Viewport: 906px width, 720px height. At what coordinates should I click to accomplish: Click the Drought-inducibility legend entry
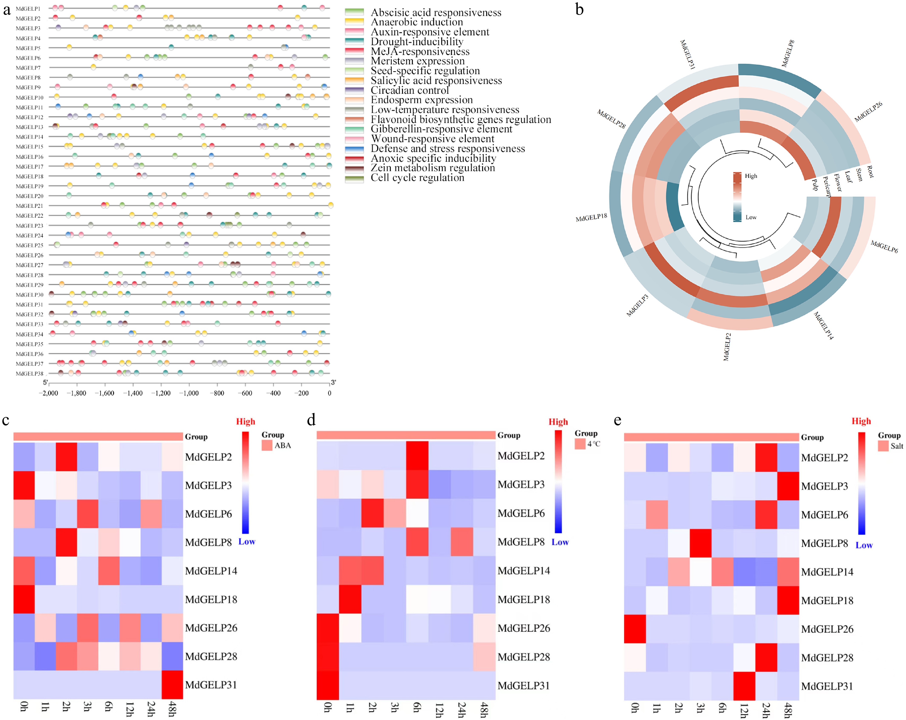(417, 42)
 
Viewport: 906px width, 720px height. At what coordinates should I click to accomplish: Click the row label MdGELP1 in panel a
(28, 8)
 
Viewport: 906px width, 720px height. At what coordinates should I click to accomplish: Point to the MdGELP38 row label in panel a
(29, 373)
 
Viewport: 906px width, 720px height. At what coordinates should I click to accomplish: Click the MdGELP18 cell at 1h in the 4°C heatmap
(350, 599)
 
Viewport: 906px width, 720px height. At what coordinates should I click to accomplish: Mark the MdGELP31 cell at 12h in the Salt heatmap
(744, 686)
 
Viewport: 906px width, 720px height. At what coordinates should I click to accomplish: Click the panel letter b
(580, 9)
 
